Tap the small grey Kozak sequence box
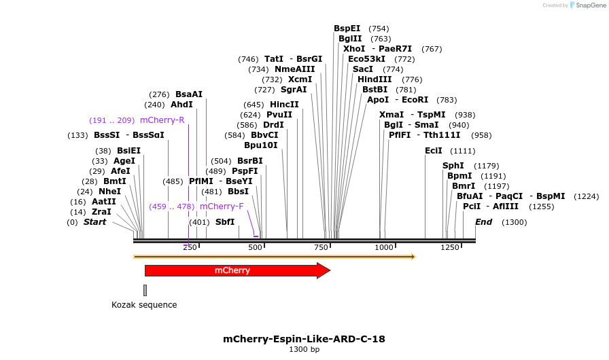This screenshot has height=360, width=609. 145,290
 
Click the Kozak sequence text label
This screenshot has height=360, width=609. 144,305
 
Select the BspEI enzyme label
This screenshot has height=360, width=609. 347,29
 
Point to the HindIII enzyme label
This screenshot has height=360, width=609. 375,79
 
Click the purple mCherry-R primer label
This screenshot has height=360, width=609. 162,120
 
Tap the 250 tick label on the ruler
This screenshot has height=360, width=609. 190,248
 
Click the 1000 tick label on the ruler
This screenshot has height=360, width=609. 384,248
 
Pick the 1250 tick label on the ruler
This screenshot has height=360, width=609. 450,248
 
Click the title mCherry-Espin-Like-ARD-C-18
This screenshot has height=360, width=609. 304,339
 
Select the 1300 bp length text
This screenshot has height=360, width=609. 304,350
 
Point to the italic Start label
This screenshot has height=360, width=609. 94,222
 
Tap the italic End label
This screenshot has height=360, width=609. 483,222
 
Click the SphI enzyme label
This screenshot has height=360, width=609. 453,166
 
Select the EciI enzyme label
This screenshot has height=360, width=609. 433,151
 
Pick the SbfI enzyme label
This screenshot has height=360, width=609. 225,222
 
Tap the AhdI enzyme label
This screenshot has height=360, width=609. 181,105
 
